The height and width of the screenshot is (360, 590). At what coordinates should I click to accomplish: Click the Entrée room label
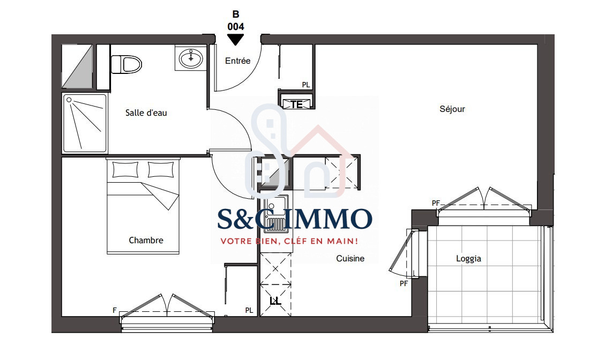pyautogui.click(x=238, y=61)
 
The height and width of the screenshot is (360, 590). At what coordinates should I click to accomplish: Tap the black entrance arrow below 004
pyautogui.click(x=236, y=39)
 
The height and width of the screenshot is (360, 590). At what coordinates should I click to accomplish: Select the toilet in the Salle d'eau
pyautogui.click(x=126, y=64)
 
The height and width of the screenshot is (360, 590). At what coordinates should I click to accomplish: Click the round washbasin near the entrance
pyautogui.click(x=191, y=58)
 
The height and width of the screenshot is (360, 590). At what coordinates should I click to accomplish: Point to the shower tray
pyautogui.click(x=85, y=123)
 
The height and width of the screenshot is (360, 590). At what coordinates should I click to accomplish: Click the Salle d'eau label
pyautogui.click(x=146, y=113)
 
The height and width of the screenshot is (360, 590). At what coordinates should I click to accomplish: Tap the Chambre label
pyautogui.click(x=146, y=241)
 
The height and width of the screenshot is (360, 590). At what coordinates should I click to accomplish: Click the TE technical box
pyautogui.click(x=296, y=104)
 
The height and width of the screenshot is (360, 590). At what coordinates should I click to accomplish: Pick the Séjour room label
pyautogui.click(x=452, y=109)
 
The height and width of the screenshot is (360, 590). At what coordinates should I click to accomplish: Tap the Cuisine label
pyautogui.click(x=350, y=258)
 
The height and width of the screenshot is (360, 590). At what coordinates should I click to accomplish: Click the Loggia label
pyautogui.click(x=468, y=258)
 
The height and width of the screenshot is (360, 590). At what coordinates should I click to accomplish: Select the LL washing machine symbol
pyautogui.click(x=275, y=301)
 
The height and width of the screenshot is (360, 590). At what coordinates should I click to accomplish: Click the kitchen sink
pyautogui.click(x=275, y=213)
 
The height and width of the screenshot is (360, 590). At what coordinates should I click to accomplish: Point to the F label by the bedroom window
pyautogui.click(x=115, y=310)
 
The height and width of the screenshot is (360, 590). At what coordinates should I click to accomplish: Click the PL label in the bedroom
pyautogui.click(x=249, y=310)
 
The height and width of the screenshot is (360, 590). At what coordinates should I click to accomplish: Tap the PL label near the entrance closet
pyautogui.click(x=306, y=85)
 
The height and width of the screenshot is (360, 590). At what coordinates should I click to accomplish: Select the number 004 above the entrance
pyautogui.click(x=236, y=27)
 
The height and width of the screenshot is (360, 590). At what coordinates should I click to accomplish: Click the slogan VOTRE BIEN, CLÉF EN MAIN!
pyautogui.click(x=289, y=241)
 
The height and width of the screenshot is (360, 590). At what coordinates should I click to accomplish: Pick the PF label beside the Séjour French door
pyautogui.click(x=436, y=203)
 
